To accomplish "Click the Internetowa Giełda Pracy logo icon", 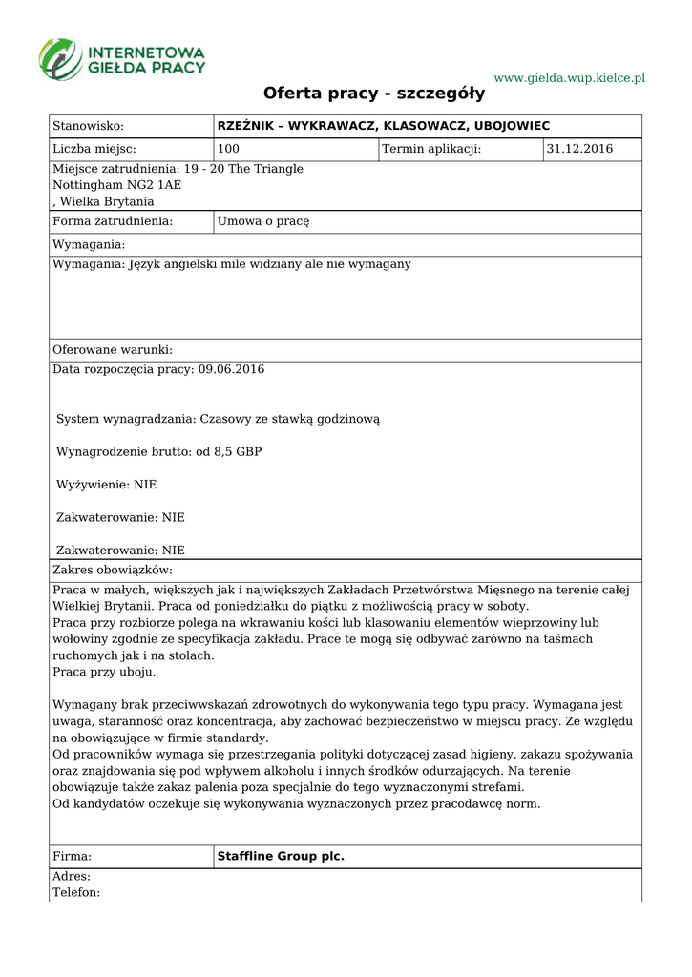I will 60,59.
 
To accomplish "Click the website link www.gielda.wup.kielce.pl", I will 569,77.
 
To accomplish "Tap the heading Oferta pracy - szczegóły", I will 374,94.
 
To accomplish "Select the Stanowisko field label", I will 89,126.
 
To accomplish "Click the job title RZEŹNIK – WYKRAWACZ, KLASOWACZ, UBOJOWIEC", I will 384,126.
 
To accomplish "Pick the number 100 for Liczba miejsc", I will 229,149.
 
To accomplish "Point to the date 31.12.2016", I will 579,149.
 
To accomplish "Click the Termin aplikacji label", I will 431,149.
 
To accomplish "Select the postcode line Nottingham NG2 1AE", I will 116,185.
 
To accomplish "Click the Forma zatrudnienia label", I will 113,221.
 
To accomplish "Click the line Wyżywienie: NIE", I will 107,485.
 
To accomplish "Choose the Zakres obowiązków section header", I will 113,571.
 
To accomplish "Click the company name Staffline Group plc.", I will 281,857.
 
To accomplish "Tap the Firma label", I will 72,857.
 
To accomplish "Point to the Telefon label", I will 76,892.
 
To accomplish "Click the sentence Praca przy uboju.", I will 104,672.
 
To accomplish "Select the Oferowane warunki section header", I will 113,350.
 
